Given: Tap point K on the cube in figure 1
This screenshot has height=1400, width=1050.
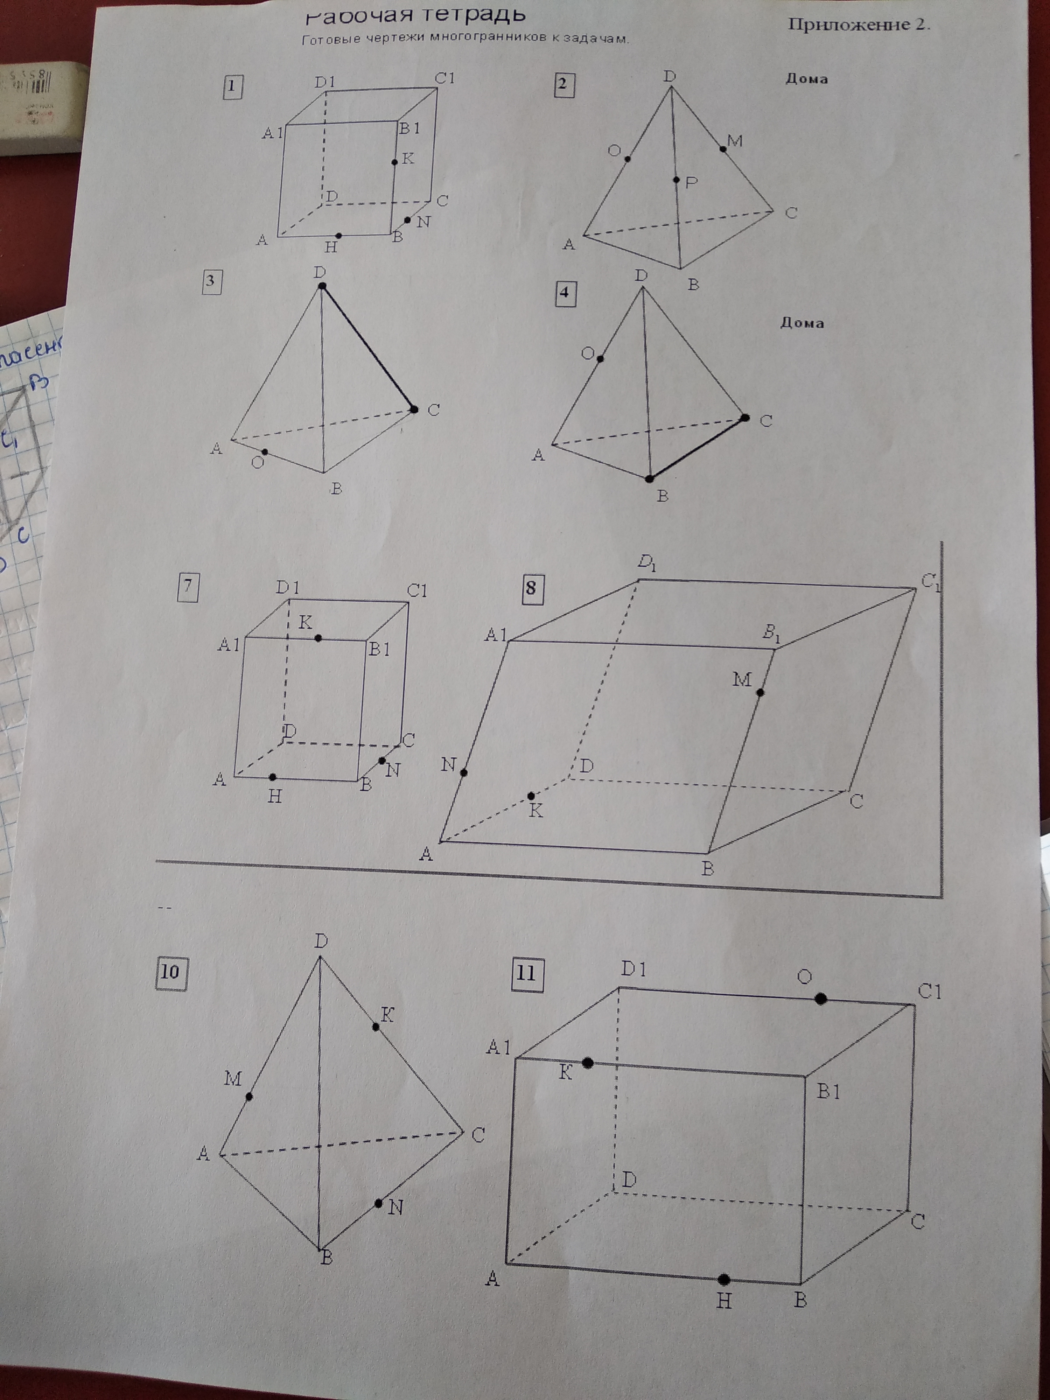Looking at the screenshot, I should tap(394, 162).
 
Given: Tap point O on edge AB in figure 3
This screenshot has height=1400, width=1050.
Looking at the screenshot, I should tap(265, 452).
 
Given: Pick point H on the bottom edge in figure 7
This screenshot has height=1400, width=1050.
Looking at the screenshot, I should tap(272, 777).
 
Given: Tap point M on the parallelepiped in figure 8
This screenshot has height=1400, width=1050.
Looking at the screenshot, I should tap(760, 692).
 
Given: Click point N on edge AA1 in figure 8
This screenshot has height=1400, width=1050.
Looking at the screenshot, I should tap(464, 772).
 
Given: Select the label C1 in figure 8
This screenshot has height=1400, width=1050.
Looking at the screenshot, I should tap(930, 581).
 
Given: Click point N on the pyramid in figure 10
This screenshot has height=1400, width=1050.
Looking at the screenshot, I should tap(378, 1203).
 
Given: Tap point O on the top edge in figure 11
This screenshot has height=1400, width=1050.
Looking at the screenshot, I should tap(821, 999).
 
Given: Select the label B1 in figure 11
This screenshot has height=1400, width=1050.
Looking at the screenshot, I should tap(828, 1092).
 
